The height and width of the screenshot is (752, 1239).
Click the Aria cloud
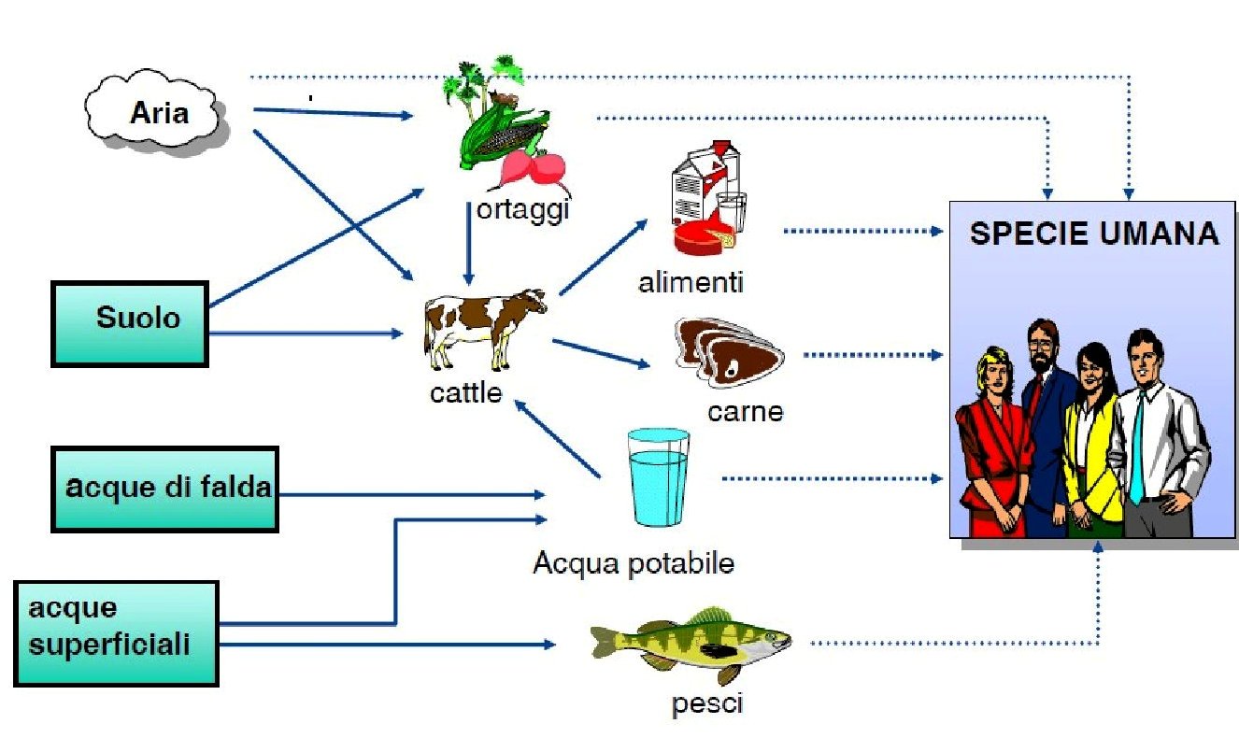click(x=156, y=114)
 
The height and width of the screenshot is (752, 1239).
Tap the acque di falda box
click(x=164, y=489)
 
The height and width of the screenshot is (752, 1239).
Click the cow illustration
click(x=485, y=327)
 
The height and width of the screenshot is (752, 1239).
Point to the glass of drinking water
click(x=659, y=477)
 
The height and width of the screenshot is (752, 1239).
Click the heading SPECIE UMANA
click(x=1094, y=234)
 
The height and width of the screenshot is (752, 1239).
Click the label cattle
click(x=465, y=393)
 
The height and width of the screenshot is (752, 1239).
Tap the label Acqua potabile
click(x=633, y=563)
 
